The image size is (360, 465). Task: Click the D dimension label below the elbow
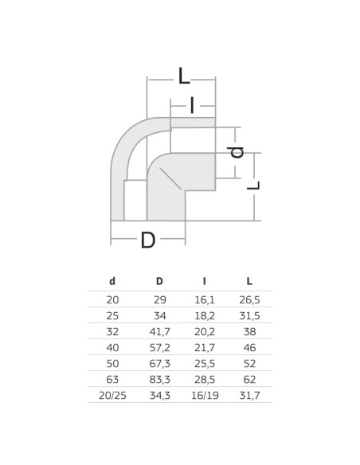click(147, 240)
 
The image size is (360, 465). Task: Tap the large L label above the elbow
click(184, 76)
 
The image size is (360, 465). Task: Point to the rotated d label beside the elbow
click(237, 151)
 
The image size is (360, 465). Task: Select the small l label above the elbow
click(192, 104)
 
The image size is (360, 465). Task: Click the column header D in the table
click(159, 281)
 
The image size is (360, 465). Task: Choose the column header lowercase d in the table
click(112, 281)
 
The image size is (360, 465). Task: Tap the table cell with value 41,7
click(159, 330)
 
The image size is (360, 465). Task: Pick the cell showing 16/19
click(205, 393)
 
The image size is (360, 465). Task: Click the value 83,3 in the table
click(159, 377)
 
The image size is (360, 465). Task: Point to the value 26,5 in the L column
click(250, 299)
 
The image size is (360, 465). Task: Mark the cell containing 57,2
click(159, 346)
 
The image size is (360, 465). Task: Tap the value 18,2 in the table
click(205, 315)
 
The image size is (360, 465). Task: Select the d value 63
click(112, 377)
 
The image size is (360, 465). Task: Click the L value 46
click(250, 346)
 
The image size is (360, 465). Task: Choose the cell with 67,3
click(159, 362)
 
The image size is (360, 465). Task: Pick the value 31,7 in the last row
click(250, 393)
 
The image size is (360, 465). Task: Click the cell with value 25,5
click(205, 362)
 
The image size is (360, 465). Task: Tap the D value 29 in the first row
click(159, 299)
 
